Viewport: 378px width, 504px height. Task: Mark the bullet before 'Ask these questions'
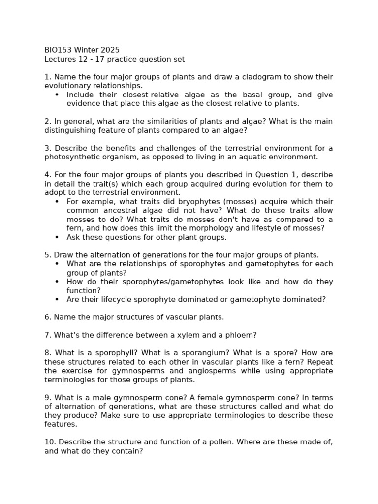pyautogui.click(x=57, y=237)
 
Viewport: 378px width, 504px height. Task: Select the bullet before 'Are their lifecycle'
pyautogui.click(x=57, y=299)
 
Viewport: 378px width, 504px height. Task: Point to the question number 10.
pyautogui.click(x=49, y=442)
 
